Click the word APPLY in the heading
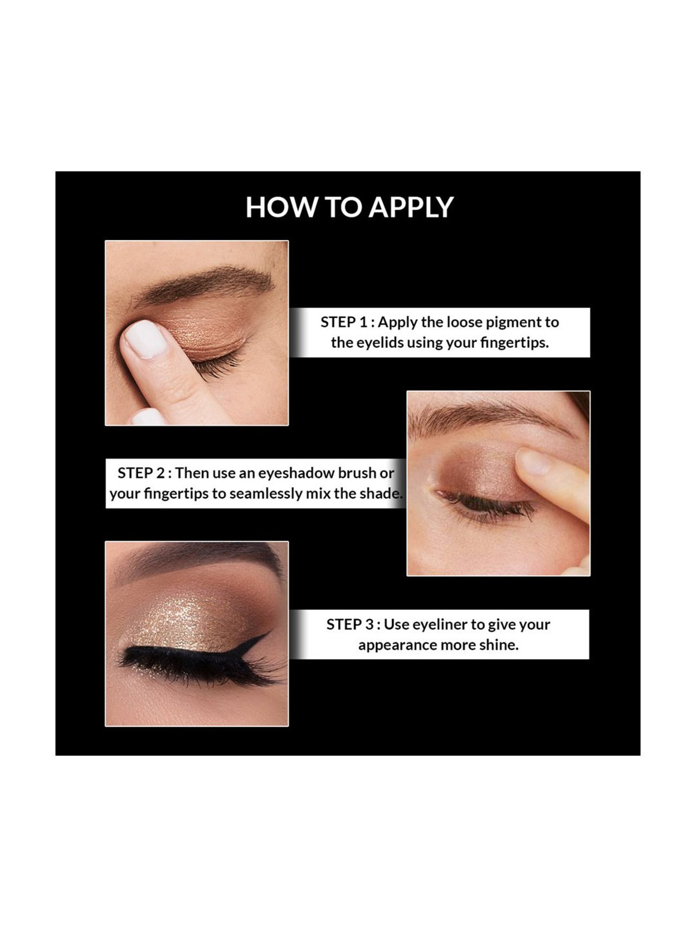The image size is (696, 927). [411, 207]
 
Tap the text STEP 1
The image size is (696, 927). [344, 322]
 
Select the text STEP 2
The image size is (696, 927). [141, 473]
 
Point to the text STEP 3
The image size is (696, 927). [350, 624]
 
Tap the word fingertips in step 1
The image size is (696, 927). [515, 343]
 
